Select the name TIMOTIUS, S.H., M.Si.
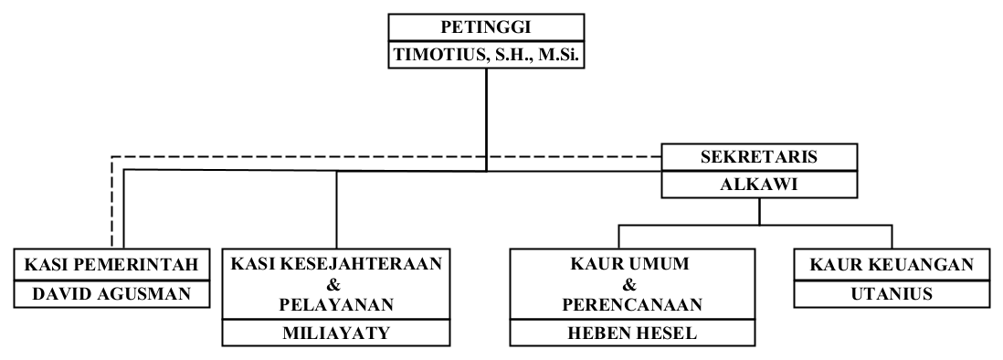click(x=485, y=56)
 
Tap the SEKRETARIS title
click(x=760, y=156)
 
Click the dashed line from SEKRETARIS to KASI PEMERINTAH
click(x=365, y=157)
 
